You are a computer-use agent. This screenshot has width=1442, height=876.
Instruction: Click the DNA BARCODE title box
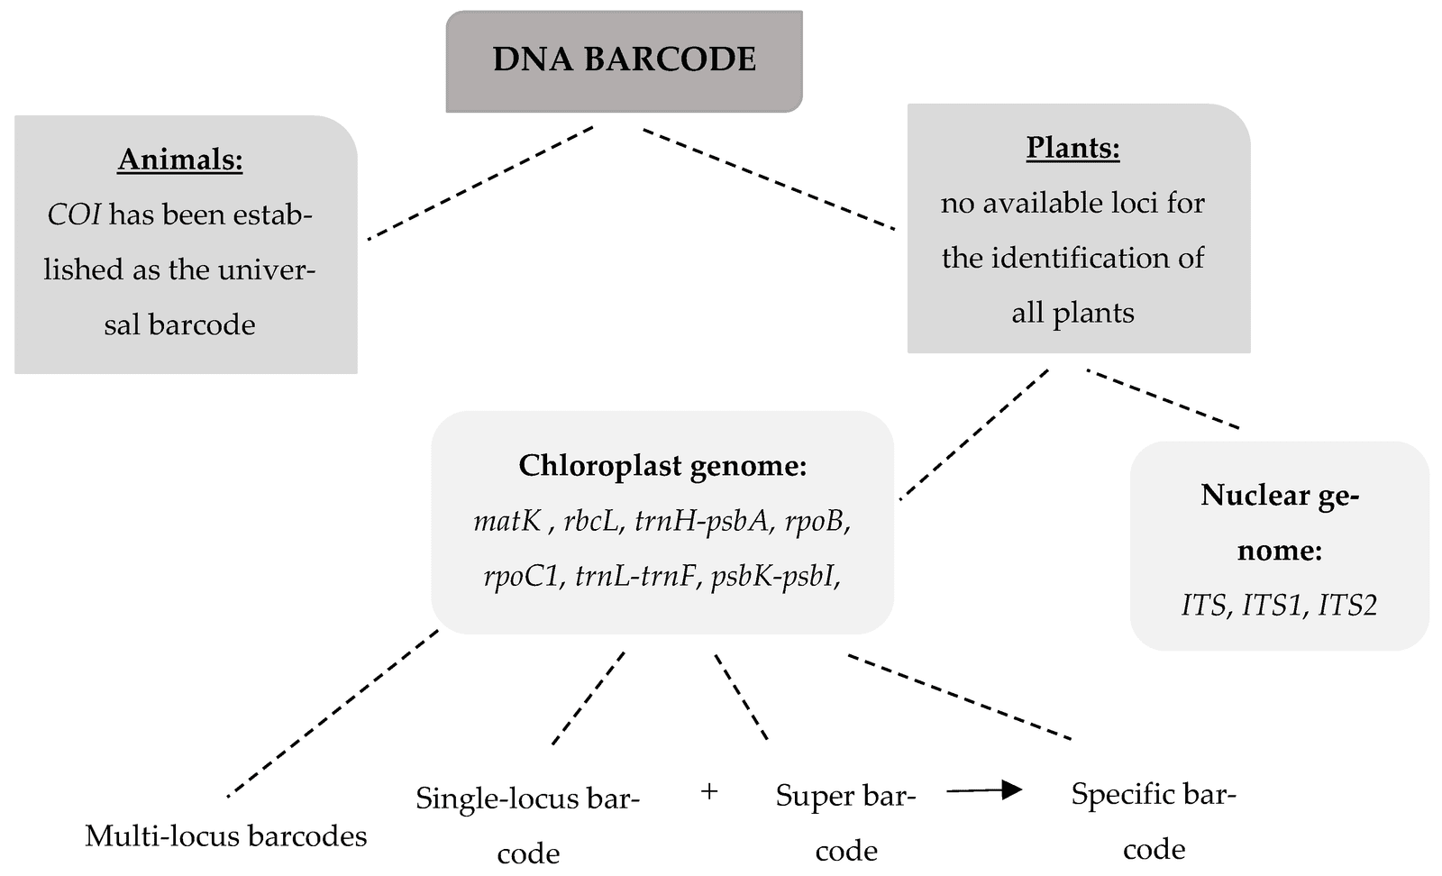624,60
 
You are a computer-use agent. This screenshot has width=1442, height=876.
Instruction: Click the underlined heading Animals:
180,160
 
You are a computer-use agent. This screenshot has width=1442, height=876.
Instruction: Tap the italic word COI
74,214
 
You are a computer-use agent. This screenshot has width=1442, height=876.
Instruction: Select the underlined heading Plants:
1072,147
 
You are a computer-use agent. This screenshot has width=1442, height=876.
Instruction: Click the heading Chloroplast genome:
662,466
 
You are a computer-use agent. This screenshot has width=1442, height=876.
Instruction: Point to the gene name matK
507,521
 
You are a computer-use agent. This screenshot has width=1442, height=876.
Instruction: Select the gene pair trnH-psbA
703,521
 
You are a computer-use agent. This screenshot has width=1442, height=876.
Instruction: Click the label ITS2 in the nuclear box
1347,605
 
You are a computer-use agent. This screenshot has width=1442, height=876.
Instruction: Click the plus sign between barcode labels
709,792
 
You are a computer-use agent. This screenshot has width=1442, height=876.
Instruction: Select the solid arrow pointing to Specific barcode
984,790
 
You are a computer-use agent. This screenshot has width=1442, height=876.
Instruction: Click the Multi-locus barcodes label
225,836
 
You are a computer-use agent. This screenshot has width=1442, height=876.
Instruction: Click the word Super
814,796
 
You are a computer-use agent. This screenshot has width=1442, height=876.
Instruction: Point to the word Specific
1124,794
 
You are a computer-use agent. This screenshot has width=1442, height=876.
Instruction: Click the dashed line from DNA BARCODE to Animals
480,183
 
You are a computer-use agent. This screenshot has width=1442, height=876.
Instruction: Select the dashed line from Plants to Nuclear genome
1163,398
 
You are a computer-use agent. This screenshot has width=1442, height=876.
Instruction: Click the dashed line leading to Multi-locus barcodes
333,713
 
